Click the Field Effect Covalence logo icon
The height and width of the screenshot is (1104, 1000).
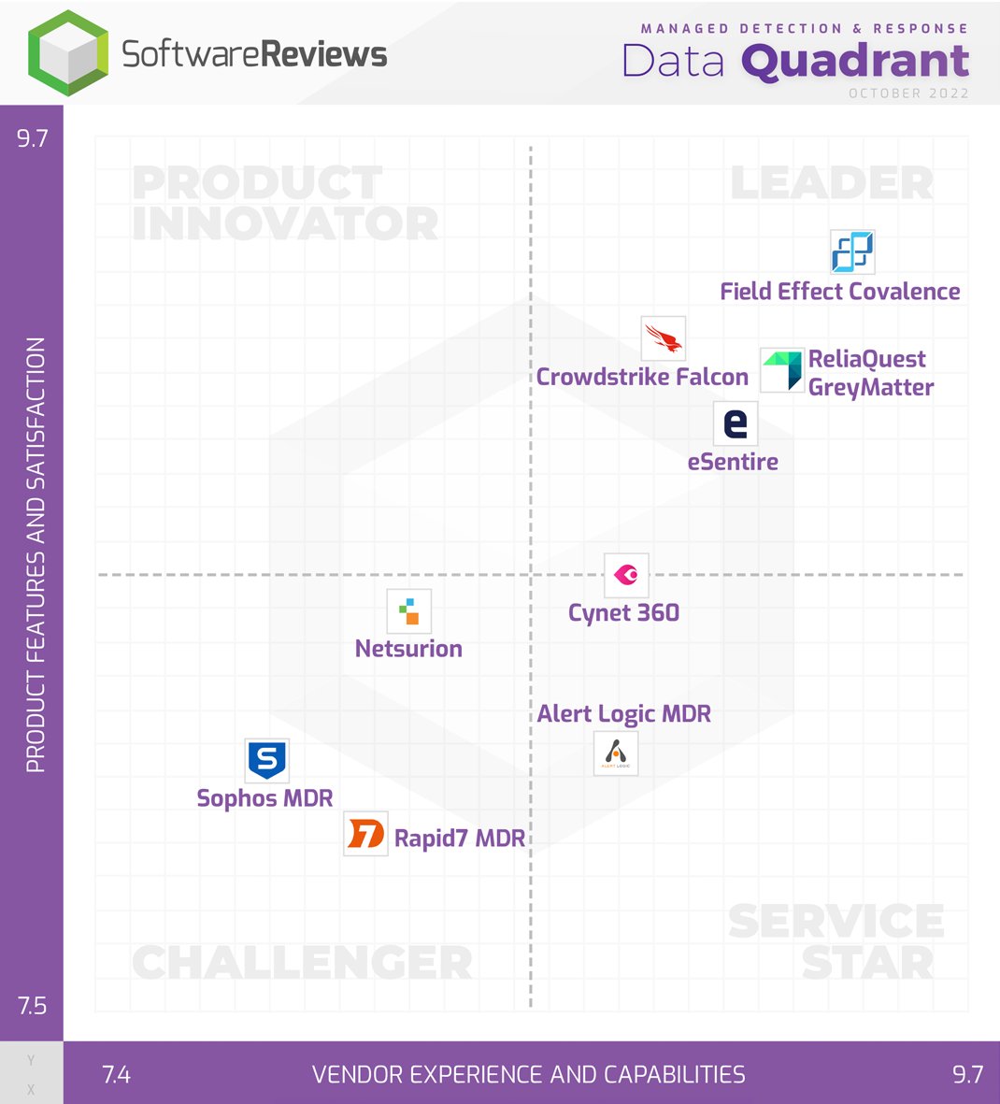coord(852,252)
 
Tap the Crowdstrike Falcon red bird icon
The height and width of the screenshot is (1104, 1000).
coord(663,338)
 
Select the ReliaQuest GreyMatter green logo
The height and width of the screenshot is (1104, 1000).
coord(781,370)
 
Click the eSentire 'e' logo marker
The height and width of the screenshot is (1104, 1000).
coord(736,423)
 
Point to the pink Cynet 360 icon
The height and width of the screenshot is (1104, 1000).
coord(625,574)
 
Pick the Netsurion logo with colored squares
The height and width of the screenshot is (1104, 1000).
coord(408,611)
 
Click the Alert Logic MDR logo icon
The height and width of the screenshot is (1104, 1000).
coord(616,753)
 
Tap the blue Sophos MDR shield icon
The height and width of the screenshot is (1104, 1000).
coord(266,760)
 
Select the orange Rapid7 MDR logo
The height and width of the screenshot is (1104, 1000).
coord(365,833)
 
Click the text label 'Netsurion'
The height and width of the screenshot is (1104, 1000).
coord(408,649)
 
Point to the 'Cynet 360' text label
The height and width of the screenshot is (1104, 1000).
coord(623,613)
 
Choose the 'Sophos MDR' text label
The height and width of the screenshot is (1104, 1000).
coord(264,798)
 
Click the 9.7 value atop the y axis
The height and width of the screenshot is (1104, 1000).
coord(32,138)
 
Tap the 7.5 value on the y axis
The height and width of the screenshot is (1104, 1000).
coord(32,1006)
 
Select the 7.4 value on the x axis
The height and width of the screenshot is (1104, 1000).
coord(116,1075)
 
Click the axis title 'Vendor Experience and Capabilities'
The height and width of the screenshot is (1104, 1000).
coord(529,1075)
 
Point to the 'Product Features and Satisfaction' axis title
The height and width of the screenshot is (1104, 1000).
coord(36,554)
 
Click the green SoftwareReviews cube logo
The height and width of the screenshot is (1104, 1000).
coord(67,53)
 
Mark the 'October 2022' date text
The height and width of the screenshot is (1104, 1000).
coord(908,93)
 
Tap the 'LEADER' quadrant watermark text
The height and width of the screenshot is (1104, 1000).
coord(831,183)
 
